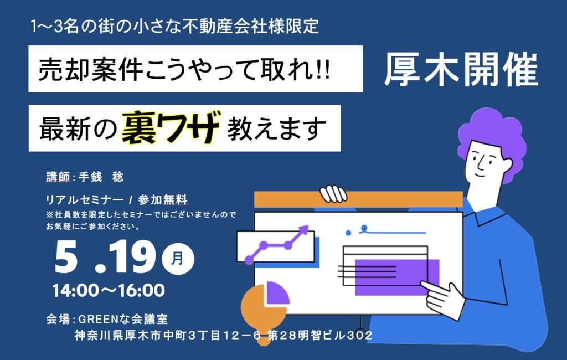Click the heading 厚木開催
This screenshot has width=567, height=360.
pos(461,70)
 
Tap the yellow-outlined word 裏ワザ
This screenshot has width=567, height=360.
pos(171,127)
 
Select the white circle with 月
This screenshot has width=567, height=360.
pos(178,259)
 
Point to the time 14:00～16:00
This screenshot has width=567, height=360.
pos(109,290)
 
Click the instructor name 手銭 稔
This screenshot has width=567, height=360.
pos(101,177)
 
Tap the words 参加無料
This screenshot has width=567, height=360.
pos(163,200)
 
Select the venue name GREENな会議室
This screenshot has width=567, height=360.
pos(123,319)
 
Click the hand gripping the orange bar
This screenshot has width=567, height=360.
pos(333,194)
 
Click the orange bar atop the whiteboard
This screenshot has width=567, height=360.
pos(358,199)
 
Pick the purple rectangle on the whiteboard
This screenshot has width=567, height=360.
pos(397,277)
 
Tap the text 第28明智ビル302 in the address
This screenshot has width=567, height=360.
pos(320,336)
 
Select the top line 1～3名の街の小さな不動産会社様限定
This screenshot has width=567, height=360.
pos(174,27)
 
